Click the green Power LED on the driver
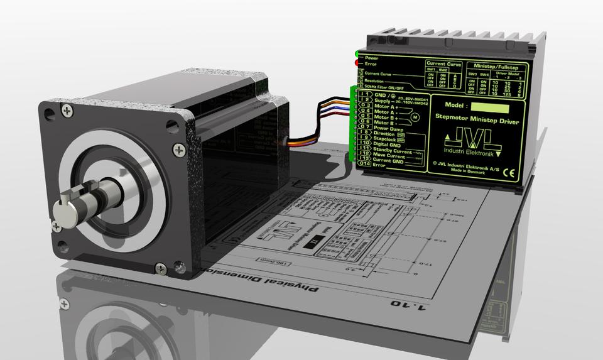pos(357,54)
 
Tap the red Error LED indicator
pos(357,63)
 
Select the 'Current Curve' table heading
pos(444,63)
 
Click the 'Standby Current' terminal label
pos(394,151)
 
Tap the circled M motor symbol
pos(414,116)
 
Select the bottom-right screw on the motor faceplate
pos(161,268)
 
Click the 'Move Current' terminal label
pos(389,156)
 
